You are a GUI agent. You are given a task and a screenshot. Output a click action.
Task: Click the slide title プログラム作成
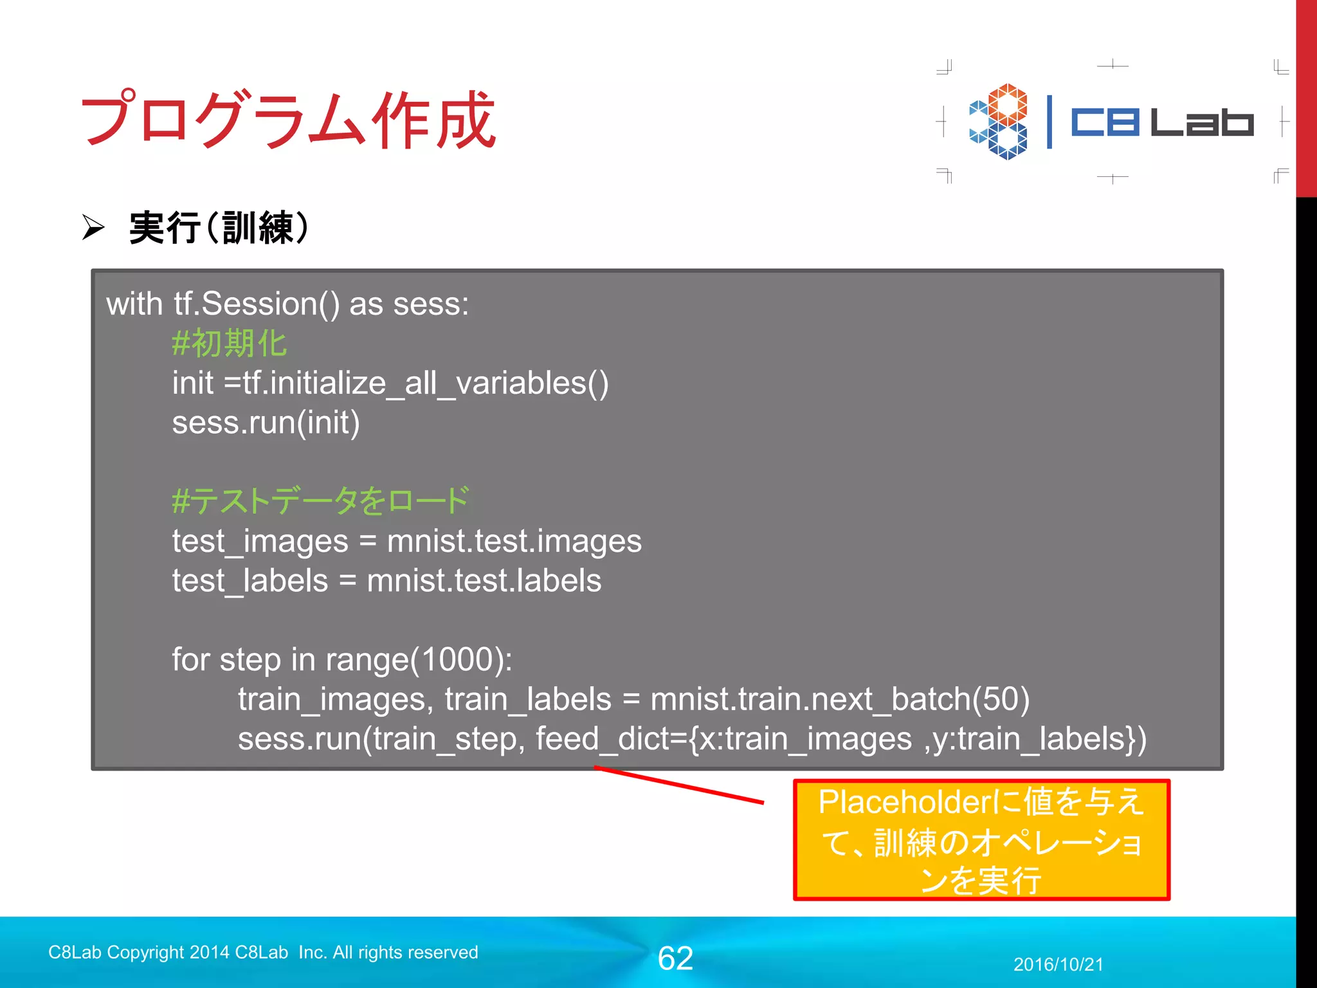[288, 120]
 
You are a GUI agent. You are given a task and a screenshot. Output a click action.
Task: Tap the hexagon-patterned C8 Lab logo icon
[999, 122]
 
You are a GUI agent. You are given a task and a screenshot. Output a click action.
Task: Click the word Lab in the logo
[1201, 122]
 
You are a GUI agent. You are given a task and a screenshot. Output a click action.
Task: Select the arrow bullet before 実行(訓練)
[93, 228]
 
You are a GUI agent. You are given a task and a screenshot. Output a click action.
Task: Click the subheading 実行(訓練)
[219, 228]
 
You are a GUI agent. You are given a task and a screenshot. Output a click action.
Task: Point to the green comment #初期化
[229, 343]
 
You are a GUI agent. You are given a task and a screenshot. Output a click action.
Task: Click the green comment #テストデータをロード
[320, 500]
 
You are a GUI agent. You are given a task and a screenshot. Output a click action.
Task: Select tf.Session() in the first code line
[256, 304]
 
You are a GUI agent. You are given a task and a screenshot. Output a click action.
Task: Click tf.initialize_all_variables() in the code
[425, 383]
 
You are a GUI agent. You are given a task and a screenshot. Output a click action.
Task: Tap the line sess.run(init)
[266, 423]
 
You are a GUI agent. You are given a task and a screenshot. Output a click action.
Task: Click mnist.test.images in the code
[514, 541]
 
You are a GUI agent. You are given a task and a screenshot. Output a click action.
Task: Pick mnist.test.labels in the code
[484, 581]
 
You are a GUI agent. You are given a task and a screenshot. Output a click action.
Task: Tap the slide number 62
[675, 958]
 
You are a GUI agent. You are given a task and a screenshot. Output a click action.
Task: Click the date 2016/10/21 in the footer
[1058, 964]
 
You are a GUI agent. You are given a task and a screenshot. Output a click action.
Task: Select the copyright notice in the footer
[263, 952]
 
